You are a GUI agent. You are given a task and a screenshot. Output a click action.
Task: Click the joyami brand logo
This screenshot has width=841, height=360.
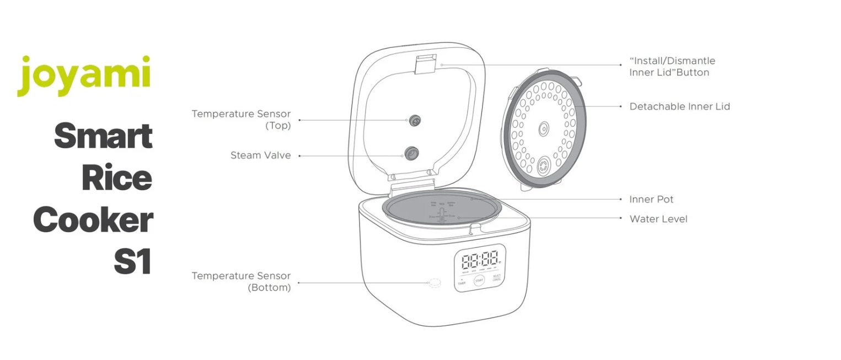(84, 76)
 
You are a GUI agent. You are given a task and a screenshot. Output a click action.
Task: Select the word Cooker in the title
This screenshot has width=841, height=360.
(93, 220)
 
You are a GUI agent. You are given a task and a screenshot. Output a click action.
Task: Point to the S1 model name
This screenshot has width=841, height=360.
(132, 262)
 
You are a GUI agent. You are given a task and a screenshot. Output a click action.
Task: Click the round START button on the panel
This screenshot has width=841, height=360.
(479, 281)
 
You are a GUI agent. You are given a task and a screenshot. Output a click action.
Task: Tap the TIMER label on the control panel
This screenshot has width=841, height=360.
(461, 283)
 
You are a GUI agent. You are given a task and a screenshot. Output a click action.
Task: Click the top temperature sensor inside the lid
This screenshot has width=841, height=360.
(414, 120)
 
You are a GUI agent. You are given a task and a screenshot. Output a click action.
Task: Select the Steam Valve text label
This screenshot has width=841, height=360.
(260, 155)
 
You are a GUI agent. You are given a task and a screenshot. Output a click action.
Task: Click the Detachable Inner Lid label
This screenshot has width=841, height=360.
(679, 106)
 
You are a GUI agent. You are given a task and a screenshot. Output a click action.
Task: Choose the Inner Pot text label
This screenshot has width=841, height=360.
(651, 199)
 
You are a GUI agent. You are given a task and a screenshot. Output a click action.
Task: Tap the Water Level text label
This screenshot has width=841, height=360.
(658, 219)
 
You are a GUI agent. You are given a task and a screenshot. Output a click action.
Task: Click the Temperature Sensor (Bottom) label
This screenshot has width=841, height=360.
(241, 281)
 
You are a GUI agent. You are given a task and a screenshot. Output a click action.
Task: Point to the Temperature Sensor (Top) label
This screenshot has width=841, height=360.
(241, 119)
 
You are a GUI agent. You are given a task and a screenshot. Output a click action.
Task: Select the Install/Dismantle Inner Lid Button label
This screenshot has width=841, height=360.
(672, 66)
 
